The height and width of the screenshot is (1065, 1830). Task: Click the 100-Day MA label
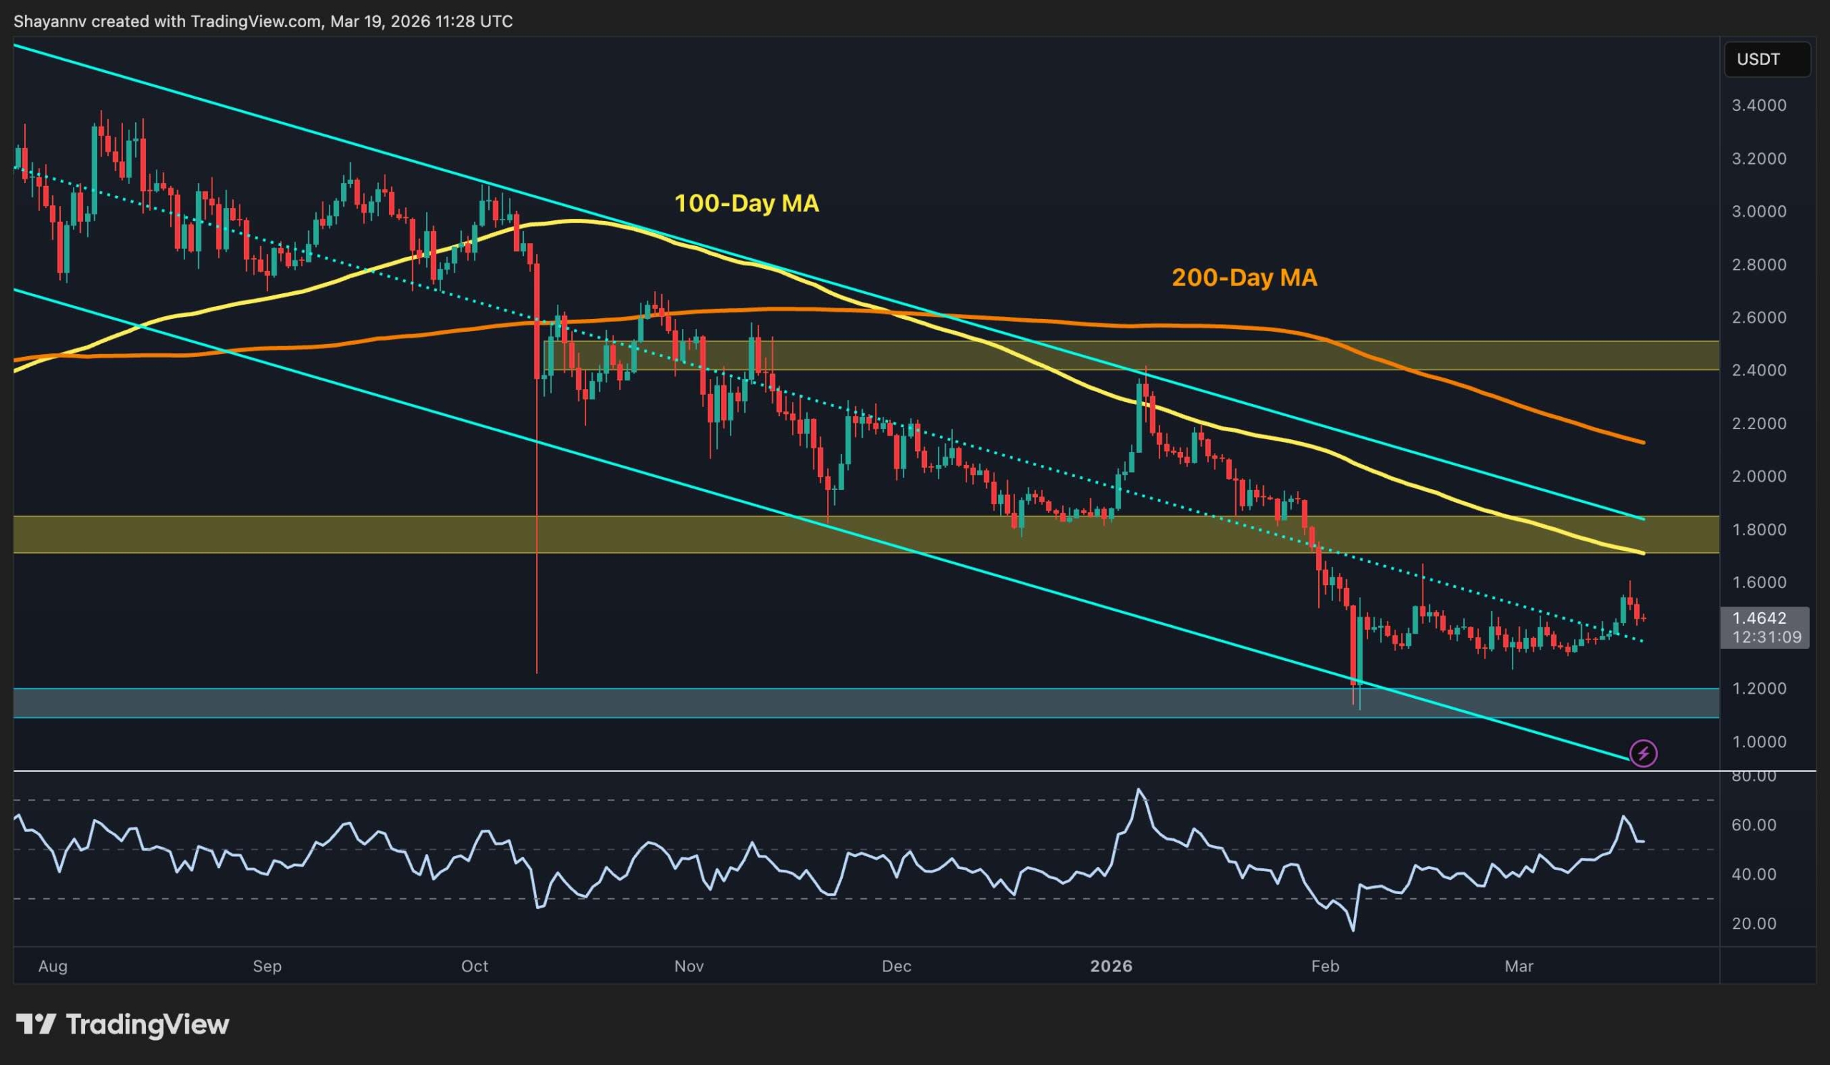click(746, 203)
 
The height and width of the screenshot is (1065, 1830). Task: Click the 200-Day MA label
click(1244, 278)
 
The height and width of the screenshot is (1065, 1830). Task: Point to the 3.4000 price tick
click(1759, 105)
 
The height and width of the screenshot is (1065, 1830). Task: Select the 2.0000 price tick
click(1759, 476)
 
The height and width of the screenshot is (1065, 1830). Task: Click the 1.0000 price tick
click(1759, 742)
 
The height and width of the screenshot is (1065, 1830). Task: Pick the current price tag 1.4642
click(1759, 618)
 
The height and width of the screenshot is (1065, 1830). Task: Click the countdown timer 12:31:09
click(1766, 637)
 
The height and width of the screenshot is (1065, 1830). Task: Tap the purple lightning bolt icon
click(1643, 752)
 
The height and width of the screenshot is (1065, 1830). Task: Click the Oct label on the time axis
click(475, 966)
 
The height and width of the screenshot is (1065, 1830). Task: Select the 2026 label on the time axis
click(1111, 966)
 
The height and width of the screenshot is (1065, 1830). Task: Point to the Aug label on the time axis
click(52, 966)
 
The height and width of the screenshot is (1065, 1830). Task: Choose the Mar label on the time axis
click(1519, 966)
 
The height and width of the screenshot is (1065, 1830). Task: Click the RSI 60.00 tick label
click(1754, 825)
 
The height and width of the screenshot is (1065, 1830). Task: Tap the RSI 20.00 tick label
click(1754, 923)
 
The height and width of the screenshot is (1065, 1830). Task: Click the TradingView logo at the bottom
click(123, 1024)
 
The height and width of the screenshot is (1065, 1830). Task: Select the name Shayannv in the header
click(49, 21)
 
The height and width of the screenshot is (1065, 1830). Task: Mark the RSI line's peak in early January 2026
click(1139, 790)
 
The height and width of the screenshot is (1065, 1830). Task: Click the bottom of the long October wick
click(537, 672)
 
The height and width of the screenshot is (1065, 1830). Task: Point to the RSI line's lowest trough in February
click(1353, 930)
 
